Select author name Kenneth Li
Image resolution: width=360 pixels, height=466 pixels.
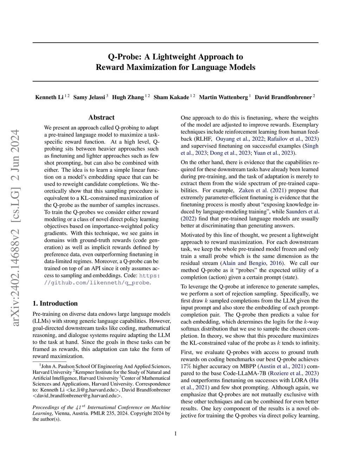49,97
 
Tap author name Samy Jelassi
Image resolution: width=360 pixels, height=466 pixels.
89,97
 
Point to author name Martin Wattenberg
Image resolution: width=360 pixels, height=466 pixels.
223,97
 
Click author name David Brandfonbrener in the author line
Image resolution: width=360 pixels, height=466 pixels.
283,97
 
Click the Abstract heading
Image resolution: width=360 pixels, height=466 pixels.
101,117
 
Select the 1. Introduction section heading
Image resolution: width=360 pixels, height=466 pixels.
55,304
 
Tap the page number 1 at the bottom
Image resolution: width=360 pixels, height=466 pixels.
175,434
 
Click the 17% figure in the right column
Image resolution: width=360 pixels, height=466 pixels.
186,366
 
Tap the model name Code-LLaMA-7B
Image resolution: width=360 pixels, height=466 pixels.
247,374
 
